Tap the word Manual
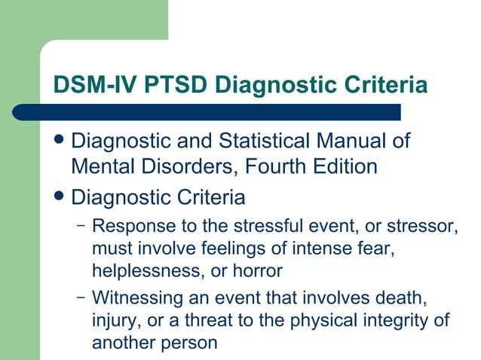click(347, 141)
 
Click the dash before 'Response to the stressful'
click(81, 225)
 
